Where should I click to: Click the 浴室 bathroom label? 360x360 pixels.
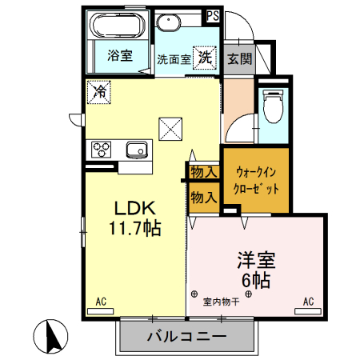click(x=120, y=57)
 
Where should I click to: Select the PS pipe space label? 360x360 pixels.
click(x=213, y=15)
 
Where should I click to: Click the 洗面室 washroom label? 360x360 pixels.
click(x=172, y=59)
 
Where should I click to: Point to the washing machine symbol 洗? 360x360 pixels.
click(x=205, y=58)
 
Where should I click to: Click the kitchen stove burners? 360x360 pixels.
click(x=103, y=148)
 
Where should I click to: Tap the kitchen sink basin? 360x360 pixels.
click(x=136, y=149)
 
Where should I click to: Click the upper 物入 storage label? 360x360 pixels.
click(x=204, y=171)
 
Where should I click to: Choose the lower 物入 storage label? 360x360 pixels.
click(x=204, y=196)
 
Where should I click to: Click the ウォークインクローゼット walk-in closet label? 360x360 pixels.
click(x=256, y=182)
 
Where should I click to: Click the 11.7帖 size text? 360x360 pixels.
click(x=135, y=228)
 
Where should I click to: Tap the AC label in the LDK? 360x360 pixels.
click(x=102, y=301)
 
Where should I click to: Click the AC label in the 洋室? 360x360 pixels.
click(x=308, y=301)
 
